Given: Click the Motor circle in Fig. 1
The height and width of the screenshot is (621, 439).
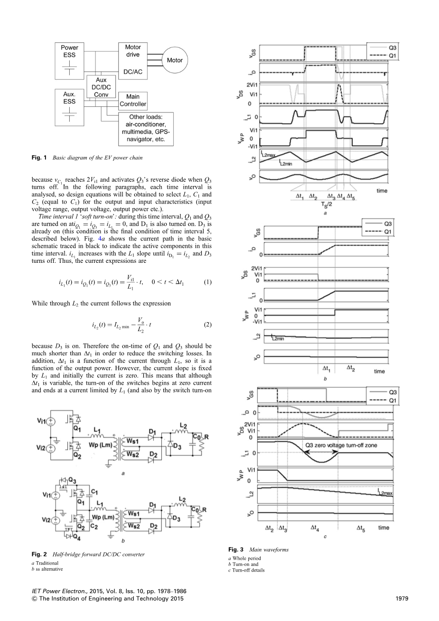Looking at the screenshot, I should (174, 61).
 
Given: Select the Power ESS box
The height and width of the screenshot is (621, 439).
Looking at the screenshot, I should (69, 61).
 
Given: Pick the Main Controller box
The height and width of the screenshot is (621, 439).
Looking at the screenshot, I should (133, 101).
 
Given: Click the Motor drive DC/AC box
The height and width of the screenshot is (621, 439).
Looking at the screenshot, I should (133, 60).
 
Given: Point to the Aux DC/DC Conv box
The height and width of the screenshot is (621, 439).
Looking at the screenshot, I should (101, 87).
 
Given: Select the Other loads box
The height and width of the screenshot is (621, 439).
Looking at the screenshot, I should (146, 129).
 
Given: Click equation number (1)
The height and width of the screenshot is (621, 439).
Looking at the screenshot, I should (207, 282).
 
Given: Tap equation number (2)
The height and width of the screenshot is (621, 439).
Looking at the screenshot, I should (207, 325).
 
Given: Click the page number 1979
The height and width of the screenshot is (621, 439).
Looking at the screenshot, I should (402, 599).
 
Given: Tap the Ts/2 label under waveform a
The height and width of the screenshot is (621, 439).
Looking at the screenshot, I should (325, 204).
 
